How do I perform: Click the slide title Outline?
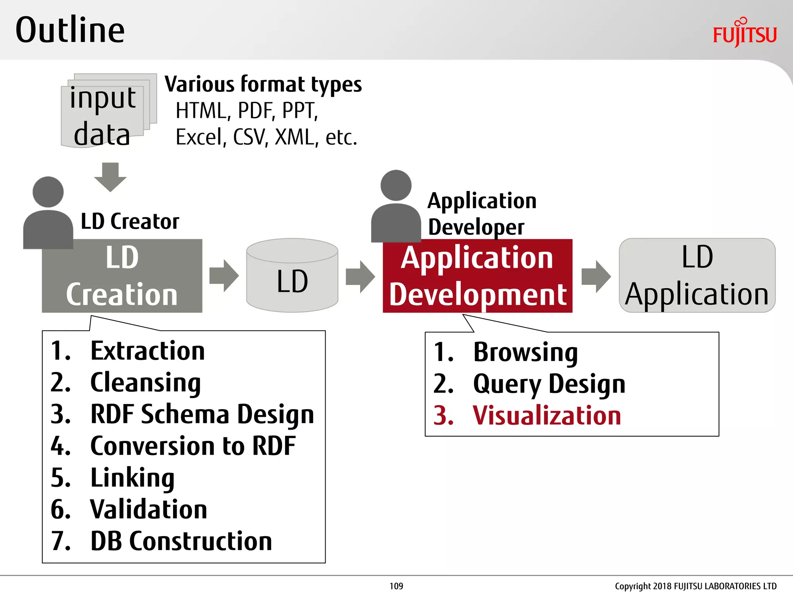pos(70,30)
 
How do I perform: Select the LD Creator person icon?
pos(48,213)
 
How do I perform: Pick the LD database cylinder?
pos(292,276)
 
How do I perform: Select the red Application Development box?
pos(477,276)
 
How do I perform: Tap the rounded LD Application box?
pos(697,276)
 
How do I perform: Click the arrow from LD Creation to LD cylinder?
pos(224,276)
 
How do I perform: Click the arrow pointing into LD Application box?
pos(596,276)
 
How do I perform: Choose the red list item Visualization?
pos(547,416)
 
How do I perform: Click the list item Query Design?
pos(549,384)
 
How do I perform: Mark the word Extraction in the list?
pos(147,351)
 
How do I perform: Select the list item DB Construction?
pos(181,541)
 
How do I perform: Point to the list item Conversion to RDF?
pos(192,446)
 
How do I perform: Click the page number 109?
pos(396,586)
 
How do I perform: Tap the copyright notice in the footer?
pos(695,586)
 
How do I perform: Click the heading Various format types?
pos(263,84)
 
